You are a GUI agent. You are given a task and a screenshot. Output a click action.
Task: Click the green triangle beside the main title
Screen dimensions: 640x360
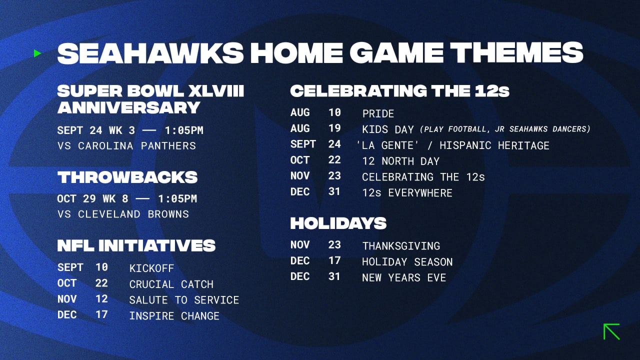37,53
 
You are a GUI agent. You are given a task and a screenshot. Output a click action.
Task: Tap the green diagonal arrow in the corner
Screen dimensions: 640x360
611,331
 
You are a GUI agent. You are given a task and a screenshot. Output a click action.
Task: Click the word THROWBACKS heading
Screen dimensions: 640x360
127,177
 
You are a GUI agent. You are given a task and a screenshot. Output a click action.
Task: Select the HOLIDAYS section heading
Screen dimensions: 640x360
338,223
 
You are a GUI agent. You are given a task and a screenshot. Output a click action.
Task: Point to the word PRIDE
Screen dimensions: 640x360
378,113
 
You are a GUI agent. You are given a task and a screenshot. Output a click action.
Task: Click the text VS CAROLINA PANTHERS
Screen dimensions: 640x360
126,146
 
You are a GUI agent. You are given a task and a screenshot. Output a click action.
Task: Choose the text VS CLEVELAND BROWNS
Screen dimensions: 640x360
123,214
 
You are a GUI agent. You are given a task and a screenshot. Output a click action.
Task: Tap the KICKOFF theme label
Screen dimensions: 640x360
151,268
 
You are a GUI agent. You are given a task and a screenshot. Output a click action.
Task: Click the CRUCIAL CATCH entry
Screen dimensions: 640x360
171,284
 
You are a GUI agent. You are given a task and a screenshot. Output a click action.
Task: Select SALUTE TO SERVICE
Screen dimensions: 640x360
184,300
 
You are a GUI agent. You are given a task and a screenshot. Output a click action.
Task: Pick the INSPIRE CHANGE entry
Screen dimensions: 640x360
174,316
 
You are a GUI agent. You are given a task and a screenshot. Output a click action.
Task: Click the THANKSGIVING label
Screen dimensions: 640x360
401,246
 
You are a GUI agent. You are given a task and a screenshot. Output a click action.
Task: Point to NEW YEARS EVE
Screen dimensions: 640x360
404,277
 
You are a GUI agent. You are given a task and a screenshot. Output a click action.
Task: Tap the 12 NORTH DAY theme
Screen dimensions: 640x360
400,161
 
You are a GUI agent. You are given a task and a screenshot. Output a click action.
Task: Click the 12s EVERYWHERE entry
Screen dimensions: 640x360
407,193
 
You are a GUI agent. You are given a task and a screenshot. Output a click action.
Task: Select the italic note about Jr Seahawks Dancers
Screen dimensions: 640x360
505,129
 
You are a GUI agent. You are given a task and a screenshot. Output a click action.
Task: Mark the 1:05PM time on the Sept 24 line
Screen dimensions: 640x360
184,130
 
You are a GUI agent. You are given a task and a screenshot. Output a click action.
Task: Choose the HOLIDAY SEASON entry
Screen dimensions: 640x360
407,262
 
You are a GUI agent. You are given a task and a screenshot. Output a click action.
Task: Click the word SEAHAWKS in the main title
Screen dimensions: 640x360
150,53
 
